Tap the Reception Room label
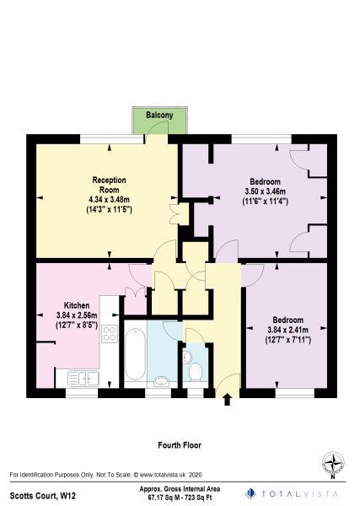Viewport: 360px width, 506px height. [x=109, y=185]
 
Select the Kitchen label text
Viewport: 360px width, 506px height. [x=77, y=305]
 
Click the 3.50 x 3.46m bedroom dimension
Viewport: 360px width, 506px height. [x=266, y=191]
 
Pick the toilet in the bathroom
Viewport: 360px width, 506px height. [x=196, y=372]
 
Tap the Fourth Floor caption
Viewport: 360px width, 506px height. [x=180, y=444]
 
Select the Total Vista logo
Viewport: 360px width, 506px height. [x=294, y=493]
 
